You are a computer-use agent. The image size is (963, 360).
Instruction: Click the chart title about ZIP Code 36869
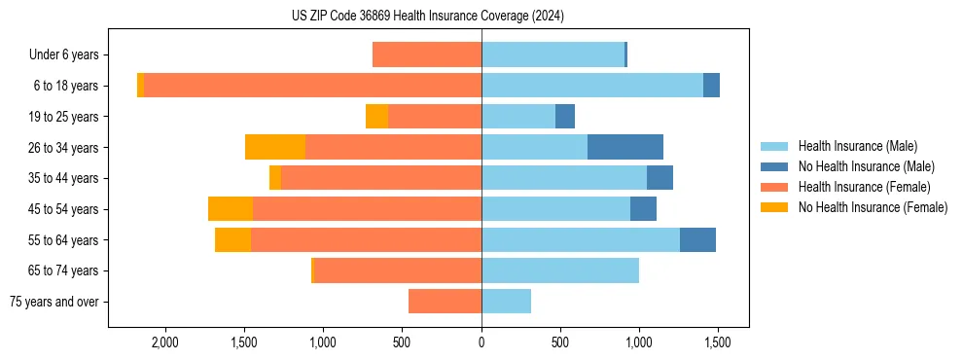pos(427,17)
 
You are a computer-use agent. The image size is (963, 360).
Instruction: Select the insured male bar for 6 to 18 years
pos(591,86)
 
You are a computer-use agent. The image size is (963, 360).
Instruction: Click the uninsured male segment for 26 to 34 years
pos(625,147)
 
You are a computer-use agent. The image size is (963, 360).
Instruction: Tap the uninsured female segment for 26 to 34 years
pos(275,147)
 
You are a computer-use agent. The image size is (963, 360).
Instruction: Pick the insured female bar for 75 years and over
pos(445,302)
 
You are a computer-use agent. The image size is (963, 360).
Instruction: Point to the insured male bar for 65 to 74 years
pos(560,270)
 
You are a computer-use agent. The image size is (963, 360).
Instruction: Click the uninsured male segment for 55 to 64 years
pos(697,239)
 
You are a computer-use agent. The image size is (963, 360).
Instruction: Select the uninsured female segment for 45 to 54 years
pos(231,209)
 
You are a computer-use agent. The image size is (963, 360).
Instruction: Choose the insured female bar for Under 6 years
pos(427,54)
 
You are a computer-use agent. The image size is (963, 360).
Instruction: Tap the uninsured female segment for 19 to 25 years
pos(376,117)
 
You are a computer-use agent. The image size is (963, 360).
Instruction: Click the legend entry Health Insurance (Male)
pos(857,146)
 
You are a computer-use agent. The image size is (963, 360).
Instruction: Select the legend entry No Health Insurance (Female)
pos(873,207)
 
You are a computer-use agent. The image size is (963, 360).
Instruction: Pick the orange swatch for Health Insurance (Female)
pos(774,187)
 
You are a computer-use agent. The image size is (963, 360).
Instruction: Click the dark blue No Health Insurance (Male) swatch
pos(774,166)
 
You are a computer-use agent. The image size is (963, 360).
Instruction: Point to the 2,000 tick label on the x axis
pos(164,342)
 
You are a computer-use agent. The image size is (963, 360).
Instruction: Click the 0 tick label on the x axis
pos(481,342)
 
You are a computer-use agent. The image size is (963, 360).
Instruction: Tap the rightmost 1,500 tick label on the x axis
pos(718,342)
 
